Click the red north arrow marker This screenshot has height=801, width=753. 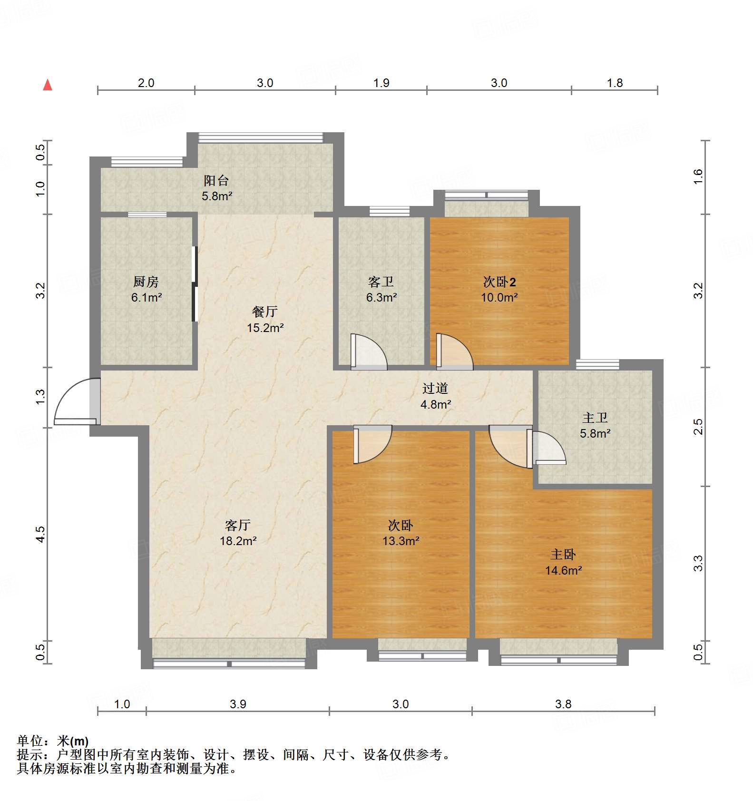(x=48, y=85)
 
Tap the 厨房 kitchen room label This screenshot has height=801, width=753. (x=146, y=282)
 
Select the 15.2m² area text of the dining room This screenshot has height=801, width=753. (x=265, y=328)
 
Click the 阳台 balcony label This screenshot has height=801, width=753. (x=216, y=181)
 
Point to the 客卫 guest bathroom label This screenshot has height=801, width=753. (x=381, y=282)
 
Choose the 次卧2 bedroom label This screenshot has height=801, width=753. (x=499, y=282)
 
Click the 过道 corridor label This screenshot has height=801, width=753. (x=435, y=389)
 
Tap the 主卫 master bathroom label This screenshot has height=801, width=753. (x=595, y=418)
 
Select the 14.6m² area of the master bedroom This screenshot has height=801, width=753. (x=563, y=570)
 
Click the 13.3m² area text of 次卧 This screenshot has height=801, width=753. (x=401, y=541)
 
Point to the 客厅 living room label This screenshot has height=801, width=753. (x=238, y=525)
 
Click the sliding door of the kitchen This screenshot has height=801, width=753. (x=194, y=283)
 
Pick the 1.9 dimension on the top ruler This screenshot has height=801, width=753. (x=381, y=83)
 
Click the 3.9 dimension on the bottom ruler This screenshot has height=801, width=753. (x=238, y=704)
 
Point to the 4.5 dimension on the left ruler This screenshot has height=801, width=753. (x=40, y=534)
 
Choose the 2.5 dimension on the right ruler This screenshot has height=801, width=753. (x=698, y=426)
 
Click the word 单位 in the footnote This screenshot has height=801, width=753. (x=30, y=741)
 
